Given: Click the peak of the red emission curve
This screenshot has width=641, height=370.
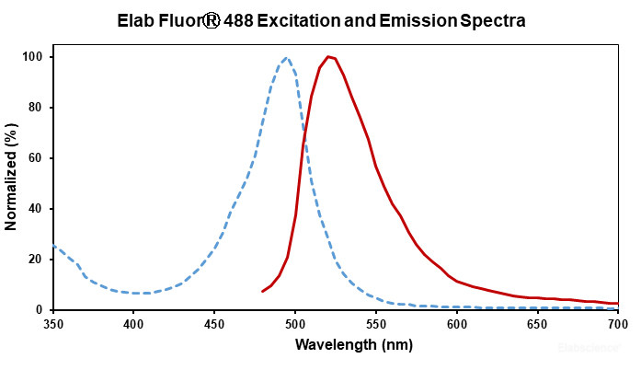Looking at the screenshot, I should pyautogui.click(x=328, y=57).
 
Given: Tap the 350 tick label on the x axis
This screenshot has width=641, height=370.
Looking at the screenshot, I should pyautogui.click(x=53, y=324).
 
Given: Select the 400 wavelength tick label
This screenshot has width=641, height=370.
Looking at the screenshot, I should pyautogui.click(x=134, y=324).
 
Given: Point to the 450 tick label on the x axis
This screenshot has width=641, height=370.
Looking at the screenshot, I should pyautogui.click(x=214, y=324).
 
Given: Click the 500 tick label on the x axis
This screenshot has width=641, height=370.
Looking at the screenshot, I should pyautogui.click(x=295, y=324).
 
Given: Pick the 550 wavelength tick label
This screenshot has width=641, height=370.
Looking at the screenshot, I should pyautogui.click(x=376, y=324).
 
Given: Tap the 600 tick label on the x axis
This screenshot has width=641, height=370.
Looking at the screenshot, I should pyautogui.click(x=457, y=324).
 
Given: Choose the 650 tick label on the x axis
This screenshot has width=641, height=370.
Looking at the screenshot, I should pyautogui.click(x=537, y=324).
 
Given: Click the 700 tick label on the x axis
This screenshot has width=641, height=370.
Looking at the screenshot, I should pyautogui.click(x=618, y=324).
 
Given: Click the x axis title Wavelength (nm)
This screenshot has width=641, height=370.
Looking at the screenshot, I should pyautogui.click(x=336, y=345).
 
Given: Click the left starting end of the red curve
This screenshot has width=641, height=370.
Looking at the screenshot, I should pyautogui.click(x=263, y=291).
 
